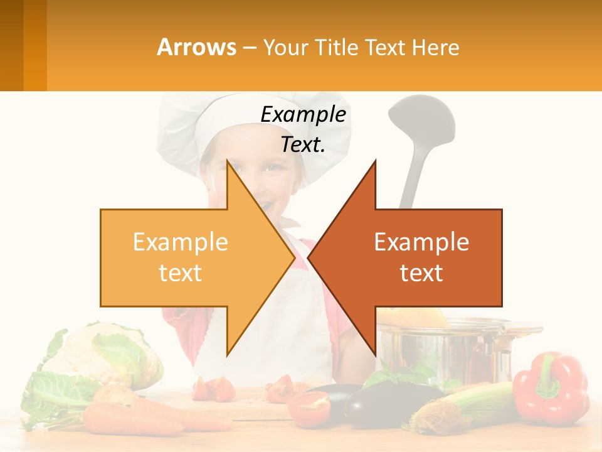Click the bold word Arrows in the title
click(197, 47)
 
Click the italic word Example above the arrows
click(303, 114)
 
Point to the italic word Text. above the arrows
click(303, 144)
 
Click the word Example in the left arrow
click(180, 242)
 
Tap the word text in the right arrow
click(421, 273)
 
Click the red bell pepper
click(550, 388)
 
